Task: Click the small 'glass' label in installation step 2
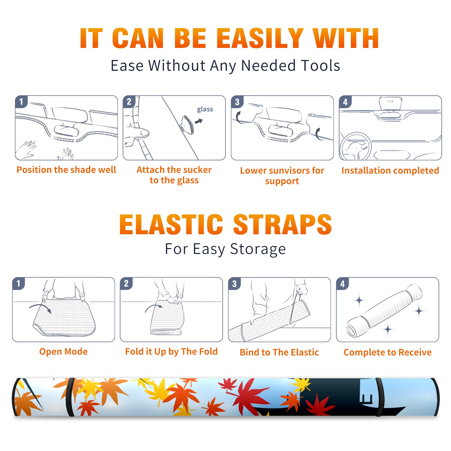tap(205, 109)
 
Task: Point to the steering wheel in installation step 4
tap(355, 147)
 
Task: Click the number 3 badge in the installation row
tap(237, 102)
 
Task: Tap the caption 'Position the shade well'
tap(66, 170)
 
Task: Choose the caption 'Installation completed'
tap(390, 170)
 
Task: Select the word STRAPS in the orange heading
tap(282, 224)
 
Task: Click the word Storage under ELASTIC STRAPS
tap(258, 249)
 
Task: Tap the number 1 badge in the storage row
tap(19, 283)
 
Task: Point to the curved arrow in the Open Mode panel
tap(41, 307)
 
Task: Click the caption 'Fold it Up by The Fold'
tap(171, 351)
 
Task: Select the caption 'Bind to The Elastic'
tap(279, 352)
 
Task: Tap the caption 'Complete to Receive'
tap(388, 352)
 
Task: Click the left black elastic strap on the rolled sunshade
tap(70, 397)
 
